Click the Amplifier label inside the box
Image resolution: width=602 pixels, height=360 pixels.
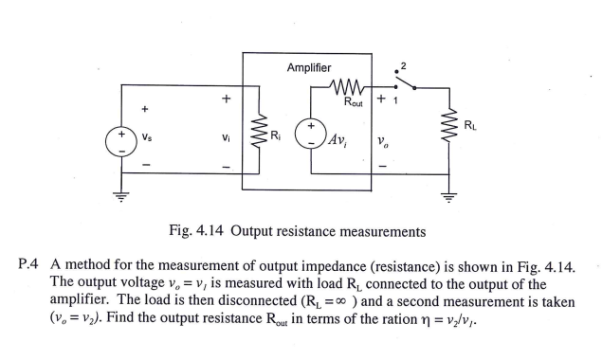(309, 67)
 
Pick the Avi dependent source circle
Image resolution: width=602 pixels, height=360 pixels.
(310, 135)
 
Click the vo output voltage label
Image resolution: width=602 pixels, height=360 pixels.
(381, 142)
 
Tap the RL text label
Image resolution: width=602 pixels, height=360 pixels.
(470, 123)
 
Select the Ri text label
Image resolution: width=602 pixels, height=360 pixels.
(275, 135)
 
